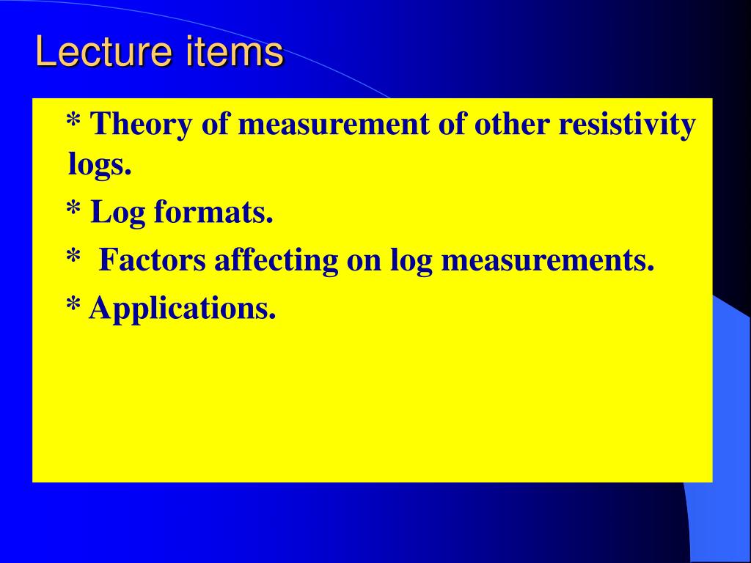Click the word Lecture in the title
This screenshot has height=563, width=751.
103,51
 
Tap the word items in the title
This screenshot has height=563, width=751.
235,51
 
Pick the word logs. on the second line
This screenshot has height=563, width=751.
100,165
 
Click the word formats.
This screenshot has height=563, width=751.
213,212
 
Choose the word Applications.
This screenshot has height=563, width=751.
183,309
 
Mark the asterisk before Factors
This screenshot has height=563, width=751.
73,257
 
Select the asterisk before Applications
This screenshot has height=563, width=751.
73,304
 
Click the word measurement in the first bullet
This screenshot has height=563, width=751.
334,125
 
